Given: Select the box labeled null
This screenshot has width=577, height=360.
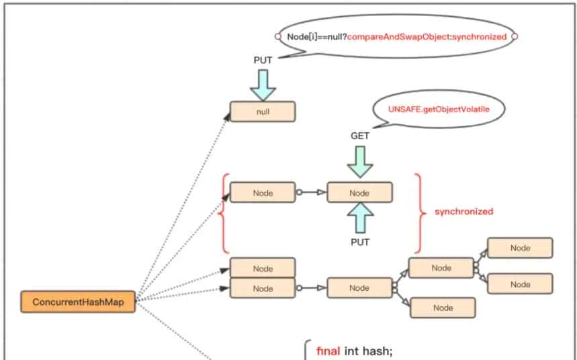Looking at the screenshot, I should [x=263, y=112].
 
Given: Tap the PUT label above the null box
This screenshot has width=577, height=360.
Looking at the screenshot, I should [x=263, y=60].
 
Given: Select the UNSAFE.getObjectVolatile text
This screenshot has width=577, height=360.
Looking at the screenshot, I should [x=437, y=108].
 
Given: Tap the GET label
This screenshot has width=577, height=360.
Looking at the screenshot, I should [x=360, y=136].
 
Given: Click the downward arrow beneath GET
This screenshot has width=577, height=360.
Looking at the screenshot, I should [x=360, y=161].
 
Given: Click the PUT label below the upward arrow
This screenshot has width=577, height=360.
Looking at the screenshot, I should [x=360, y=242].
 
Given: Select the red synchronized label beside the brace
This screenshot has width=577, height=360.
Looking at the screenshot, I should [x=463, y=212].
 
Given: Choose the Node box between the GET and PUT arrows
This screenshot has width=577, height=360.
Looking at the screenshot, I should [x=359, y=193].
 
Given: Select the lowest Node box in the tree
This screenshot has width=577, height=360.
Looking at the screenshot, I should [x=443, y=308].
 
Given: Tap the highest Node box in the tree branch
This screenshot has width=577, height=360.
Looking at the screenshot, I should [x=520, y=248].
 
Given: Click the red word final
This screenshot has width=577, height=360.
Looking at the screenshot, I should [x=328, y=351].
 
